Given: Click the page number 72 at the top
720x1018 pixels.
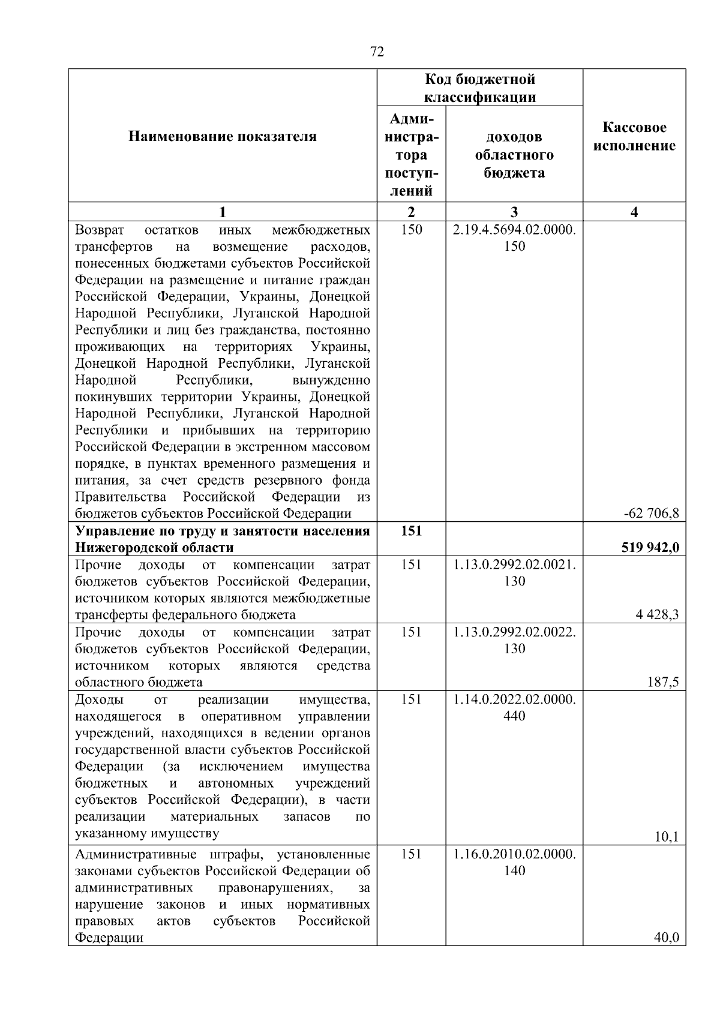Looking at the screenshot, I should (377, 52).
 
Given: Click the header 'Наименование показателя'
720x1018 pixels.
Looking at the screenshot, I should (222, 137).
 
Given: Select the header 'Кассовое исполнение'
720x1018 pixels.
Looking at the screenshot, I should (634, 137).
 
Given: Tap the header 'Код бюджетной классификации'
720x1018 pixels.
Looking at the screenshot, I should (479, 88).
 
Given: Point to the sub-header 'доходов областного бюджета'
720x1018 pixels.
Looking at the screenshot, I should (514, 155).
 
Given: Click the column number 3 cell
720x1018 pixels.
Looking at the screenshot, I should (514, 212).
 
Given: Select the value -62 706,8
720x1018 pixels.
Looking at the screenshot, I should (652, 513).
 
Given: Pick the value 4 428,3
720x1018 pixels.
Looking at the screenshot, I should (658, 614).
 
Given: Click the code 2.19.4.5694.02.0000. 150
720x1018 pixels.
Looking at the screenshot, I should (514, 238).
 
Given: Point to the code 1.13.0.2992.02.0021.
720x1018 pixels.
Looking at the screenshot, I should (514, 564).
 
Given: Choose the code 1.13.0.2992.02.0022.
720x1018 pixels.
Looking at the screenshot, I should (514, 632).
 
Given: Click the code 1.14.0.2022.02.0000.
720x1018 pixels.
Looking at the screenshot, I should (514, 699).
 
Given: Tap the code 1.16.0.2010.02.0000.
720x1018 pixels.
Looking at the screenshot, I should (514, 854).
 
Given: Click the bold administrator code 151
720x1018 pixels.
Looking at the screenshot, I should (411, 531).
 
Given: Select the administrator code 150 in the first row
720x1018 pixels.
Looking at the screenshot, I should (411, 230).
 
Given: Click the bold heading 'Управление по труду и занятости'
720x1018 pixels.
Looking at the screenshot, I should (222, 531).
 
